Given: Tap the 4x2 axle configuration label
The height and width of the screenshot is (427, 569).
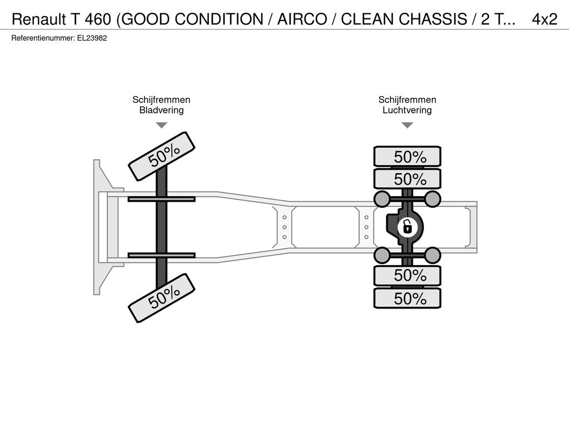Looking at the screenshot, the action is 545,19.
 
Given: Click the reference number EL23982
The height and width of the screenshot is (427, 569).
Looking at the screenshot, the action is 92,38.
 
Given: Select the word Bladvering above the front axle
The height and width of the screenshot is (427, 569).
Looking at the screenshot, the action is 162,110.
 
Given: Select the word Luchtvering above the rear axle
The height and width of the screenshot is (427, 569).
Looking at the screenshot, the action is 407,110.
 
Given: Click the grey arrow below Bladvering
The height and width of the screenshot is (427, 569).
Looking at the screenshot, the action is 162,125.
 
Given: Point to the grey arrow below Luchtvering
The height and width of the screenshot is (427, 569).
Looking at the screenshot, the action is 407,125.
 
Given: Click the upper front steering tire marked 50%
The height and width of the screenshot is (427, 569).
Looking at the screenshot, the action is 162,156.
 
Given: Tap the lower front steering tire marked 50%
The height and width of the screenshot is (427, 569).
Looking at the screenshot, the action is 162,298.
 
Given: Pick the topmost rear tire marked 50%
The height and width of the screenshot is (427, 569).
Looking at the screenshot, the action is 407,157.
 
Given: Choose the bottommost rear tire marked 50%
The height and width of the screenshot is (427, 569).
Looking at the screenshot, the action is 407,299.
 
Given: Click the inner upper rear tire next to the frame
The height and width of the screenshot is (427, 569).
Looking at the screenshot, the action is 407,179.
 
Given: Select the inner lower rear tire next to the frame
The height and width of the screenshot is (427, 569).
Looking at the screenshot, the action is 407,276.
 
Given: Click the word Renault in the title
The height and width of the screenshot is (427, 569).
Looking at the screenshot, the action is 39,19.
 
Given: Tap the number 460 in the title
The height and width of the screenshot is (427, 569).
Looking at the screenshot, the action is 98,19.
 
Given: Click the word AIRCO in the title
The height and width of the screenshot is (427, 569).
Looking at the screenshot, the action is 302,19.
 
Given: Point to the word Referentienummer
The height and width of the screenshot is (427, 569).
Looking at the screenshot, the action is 43,38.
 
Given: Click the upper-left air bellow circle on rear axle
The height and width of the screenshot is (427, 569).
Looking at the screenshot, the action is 382,199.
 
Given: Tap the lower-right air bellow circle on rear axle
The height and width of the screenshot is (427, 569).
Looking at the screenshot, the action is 432,255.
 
